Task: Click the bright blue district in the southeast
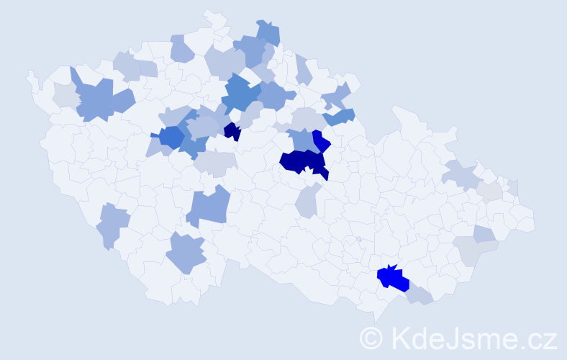pyautogui.click(x=393, y=278)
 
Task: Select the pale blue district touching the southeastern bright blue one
pyautogui.click(x=419, y=294)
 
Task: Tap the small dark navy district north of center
pyautogui.click(x=232, y=131)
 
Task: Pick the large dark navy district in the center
pyautogui.click(x=301, y=161)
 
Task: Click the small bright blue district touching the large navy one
pyautogui.click(x=321, y=140)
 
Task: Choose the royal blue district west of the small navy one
pyautogui.click(x=171, y=135)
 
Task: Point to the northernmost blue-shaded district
pyautogui.click(x=268, y=33)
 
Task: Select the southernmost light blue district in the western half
pyautogui.click(x=186, y=254)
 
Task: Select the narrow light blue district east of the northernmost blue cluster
pyautogui.click(x=303, y=69)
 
